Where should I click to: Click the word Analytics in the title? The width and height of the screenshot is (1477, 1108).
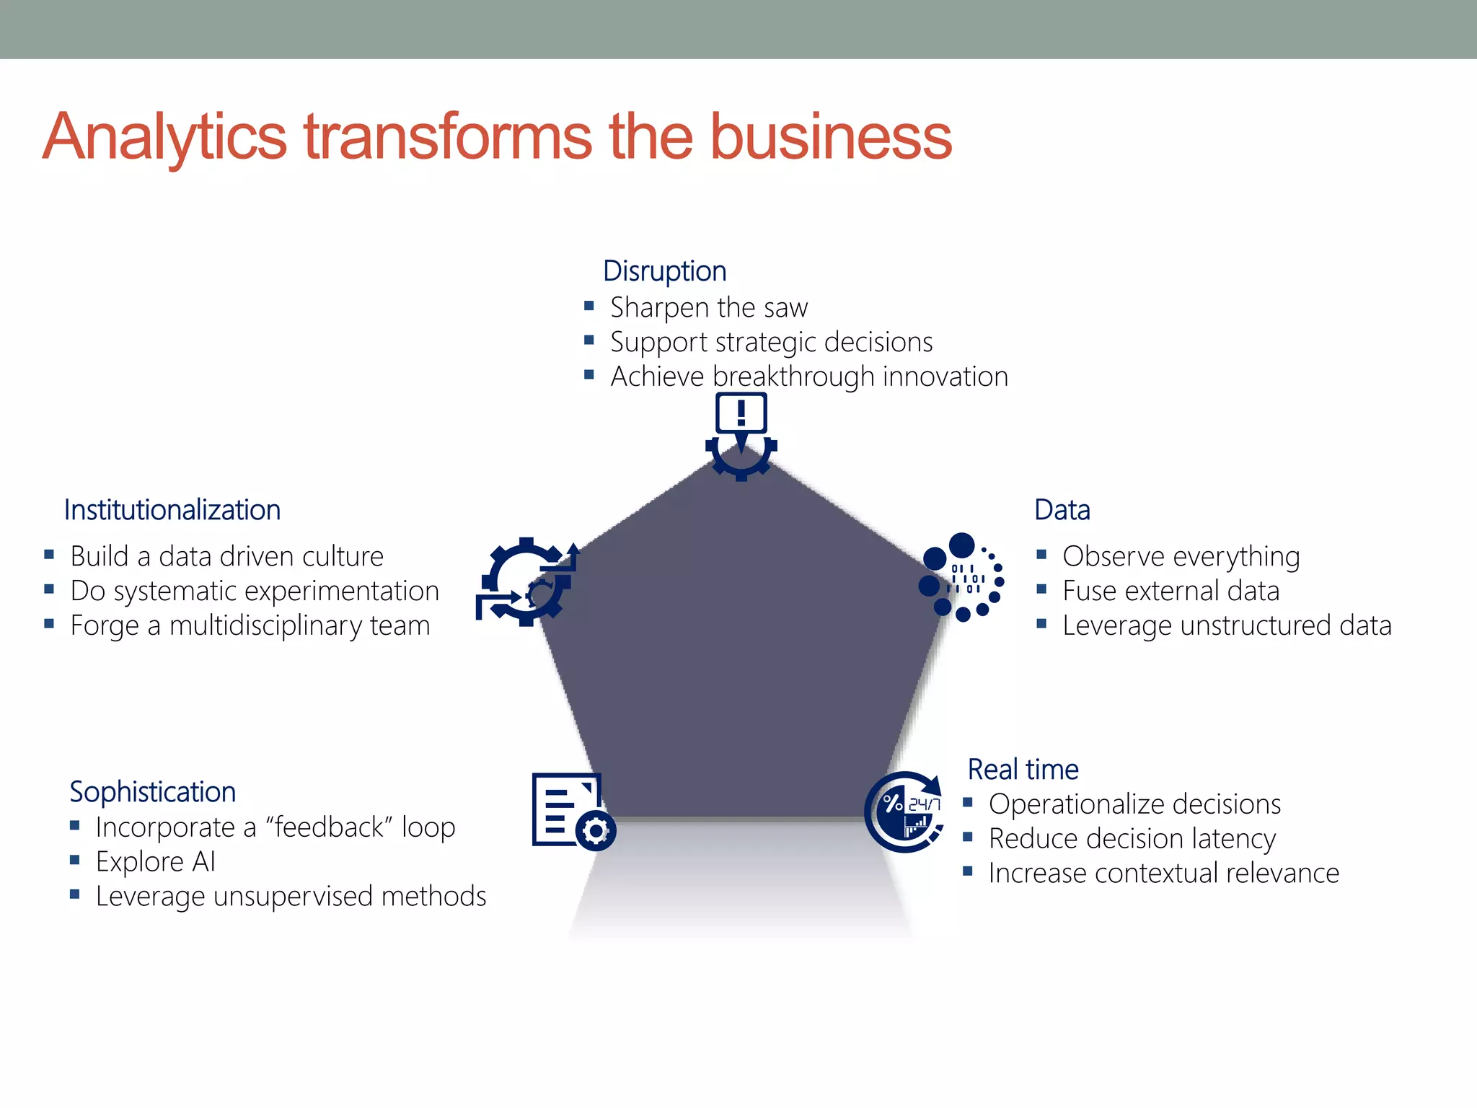point(164,137)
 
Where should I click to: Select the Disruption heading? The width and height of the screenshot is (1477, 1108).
point(664,271)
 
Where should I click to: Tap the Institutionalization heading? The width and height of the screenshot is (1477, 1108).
point(172,510)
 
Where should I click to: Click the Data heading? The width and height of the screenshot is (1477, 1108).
point(1062,510)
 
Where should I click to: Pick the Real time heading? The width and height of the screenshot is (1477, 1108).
point(1023,770)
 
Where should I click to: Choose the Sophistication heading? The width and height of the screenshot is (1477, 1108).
point(152,792)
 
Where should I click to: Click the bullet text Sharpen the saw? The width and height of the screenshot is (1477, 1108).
point(709,308)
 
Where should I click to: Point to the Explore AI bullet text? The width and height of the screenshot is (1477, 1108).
point(156,862)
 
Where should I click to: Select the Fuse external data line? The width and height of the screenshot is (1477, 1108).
point(1170,592)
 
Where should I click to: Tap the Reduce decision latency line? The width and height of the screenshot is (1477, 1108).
point(1132,839)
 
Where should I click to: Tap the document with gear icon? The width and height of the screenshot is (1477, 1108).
point(572,812)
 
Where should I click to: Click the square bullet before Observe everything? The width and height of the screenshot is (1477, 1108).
point(1041,555)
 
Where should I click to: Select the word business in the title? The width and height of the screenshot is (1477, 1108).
point(831,137)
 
